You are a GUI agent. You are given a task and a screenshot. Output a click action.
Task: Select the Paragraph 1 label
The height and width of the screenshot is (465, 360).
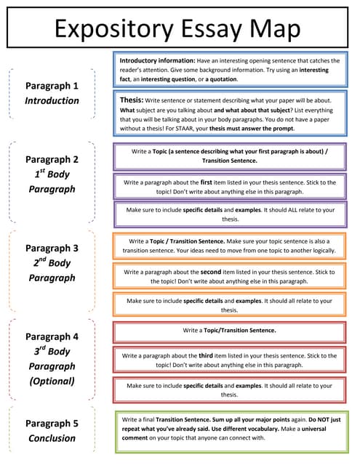pyautogui.click(x=52, y=86)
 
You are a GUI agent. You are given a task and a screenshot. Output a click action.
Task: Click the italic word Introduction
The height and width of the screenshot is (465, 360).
pyautogui.click(x=52, y=101)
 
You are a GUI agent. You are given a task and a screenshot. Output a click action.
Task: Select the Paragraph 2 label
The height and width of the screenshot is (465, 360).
pyautogui.click(x=52, y=159)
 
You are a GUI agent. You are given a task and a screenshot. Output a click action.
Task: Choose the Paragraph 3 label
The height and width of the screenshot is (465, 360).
pyautogui.click(x=52, y=248)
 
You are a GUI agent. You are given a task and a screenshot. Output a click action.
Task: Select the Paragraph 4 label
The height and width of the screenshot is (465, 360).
pyautogui.click(x=52, y=336)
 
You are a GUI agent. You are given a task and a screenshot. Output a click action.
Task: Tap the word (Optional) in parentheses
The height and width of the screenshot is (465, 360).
pyautogui.click(x=52, y=381)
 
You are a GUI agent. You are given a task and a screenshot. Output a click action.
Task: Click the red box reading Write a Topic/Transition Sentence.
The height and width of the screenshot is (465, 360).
pyautogui.click(x=229, y=331)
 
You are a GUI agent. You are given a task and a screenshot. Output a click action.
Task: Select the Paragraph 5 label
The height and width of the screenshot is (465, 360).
pyautogui.click(x=52, y=423)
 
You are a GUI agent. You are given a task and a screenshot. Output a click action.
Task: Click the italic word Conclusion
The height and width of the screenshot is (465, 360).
pyautogui.click(x=52, y=438)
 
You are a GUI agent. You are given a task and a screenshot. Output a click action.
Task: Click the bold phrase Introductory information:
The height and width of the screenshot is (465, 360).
pyautogui.click(x=155, y=60)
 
